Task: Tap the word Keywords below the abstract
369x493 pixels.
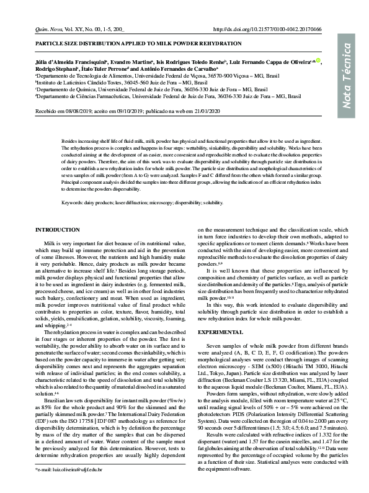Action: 76,202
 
